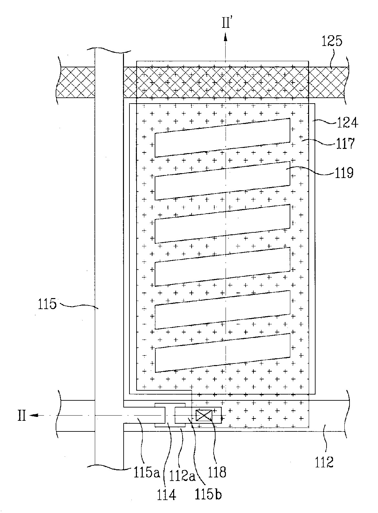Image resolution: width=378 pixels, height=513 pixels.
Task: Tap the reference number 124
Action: (x=347, y=123)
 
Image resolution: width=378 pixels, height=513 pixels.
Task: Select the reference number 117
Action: (x=345, y=144)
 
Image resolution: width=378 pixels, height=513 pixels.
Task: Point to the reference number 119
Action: (x=344, y=173)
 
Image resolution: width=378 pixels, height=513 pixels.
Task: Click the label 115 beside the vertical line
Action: (x=47, y=304)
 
